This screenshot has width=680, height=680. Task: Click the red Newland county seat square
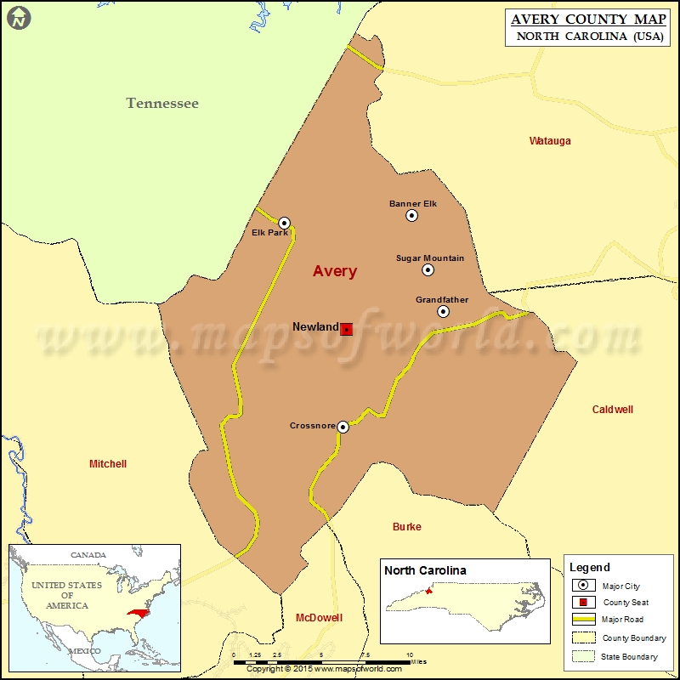(347, 329)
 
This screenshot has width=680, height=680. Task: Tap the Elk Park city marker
(285, 223)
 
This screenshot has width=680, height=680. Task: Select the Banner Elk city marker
(412, 216)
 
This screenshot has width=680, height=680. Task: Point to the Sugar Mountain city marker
(428, 270)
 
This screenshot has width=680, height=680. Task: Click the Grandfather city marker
(444, 312)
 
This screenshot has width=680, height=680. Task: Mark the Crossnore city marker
(343, 427)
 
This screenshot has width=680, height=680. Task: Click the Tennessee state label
(162, 103)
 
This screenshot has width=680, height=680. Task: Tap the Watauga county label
(550, 141)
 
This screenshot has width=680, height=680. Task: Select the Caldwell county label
(613, 410)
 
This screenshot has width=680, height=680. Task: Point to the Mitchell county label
(108, 464)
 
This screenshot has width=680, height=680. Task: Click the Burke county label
(407, 527)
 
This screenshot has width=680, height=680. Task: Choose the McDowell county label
(319, 618)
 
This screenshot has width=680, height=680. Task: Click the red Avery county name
(335, 272)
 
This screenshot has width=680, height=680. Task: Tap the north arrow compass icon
(20, 16)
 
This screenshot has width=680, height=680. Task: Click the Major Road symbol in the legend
(583, 620)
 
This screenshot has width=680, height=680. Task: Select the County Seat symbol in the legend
(583, 603)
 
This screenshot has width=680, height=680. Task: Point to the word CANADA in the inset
(88, 555)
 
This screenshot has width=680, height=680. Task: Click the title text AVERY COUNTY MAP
(586, 19)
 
